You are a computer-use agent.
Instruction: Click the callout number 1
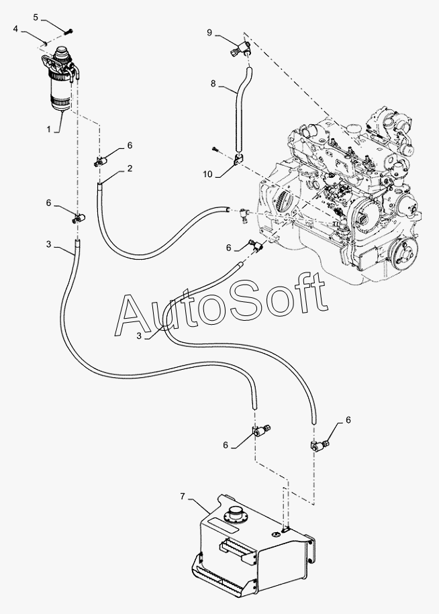point(49,129)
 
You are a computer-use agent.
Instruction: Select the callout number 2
point(130,168)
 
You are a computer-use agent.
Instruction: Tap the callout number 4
point(15,29)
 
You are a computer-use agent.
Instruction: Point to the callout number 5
point(36,17)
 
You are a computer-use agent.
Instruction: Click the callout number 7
point(182,497)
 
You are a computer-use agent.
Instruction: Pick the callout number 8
point(213,83)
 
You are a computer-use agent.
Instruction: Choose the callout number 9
point(209,32)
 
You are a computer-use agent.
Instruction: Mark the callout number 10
point(207,174)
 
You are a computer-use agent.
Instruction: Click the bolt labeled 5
point(69,32)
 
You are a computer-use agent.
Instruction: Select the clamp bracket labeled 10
point(238,160)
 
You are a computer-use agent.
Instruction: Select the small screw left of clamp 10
point(215,148)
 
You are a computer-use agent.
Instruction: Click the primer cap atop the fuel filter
point(61,53)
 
